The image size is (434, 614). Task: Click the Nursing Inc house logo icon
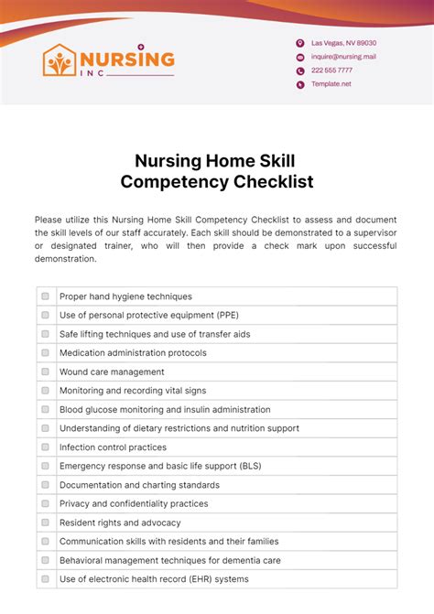[60, 60]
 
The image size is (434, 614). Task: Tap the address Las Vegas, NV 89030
[343, 43]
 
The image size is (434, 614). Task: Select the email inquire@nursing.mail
[343, 57]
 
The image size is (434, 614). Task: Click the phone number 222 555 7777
[331, 70]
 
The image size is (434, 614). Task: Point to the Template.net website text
[331, 84]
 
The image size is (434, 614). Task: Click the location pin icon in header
[299, 43]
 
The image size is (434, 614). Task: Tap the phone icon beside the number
[299, 70]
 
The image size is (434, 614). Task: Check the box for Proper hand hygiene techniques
[45, 296]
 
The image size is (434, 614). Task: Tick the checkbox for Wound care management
[45, 372]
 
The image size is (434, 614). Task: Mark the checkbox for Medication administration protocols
[45, 353]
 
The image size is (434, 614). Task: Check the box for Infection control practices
[45, 447]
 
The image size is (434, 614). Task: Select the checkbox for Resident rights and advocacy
[45, 522]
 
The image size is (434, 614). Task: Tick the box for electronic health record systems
[45, 579]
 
